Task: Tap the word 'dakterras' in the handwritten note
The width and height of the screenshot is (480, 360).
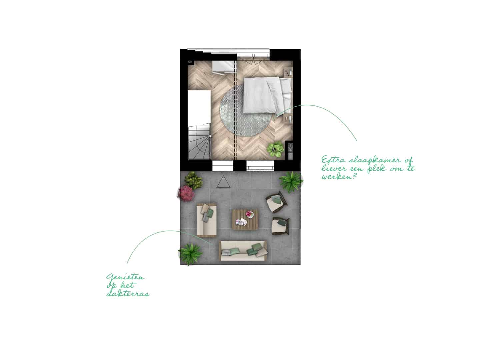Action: (x=128, y=293)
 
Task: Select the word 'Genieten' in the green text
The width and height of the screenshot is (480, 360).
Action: (x=125, y=277)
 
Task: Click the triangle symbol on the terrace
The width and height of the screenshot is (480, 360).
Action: (x=223, y=182)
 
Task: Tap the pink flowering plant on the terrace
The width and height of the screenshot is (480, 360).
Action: (x=186, y=193)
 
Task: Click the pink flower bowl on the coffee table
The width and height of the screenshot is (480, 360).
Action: (x=250, y=214)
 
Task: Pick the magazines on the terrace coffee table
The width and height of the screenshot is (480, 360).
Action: (x=241, y=222)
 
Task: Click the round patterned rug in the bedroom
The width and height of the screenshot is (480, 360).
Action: (x=245, y=111)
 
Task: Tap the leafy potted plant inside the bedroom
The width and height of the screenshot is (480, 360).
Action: (x=275, y=149)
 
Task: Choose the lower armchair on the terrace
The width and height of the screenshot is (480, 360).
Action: (x=281, y=226)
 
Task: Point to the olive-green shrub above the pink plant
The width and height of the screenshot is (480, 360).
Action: (x=193, y=180)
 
